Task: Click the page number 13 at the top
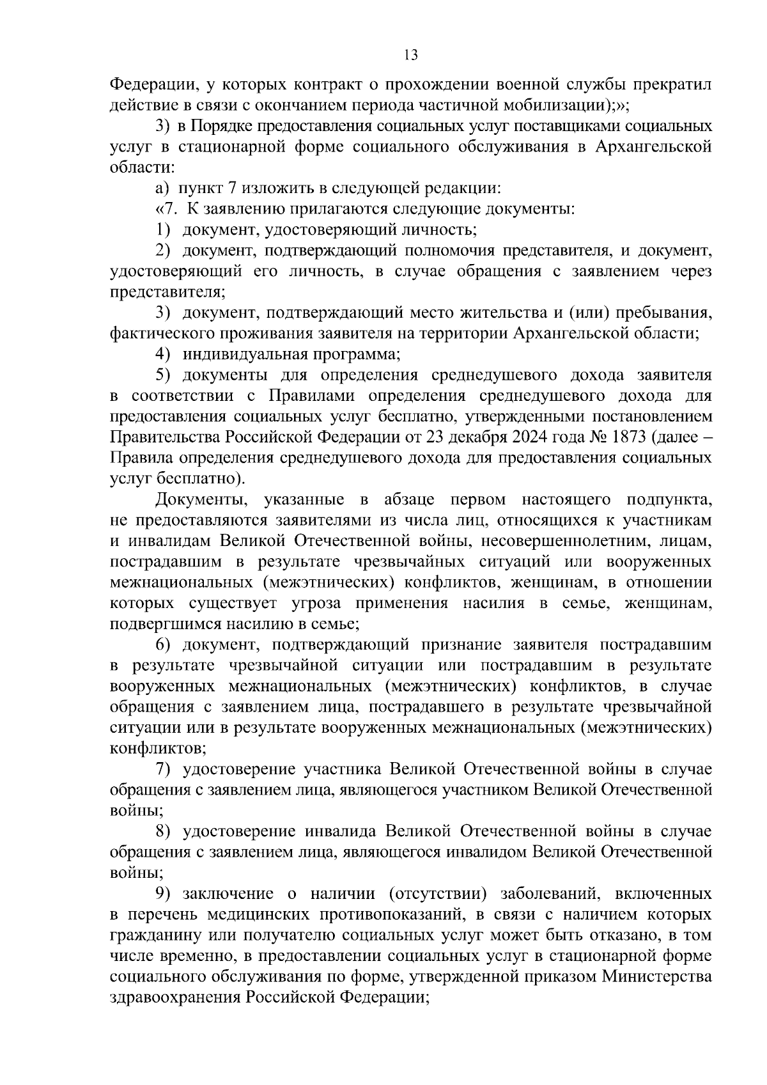click(411, 55)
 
